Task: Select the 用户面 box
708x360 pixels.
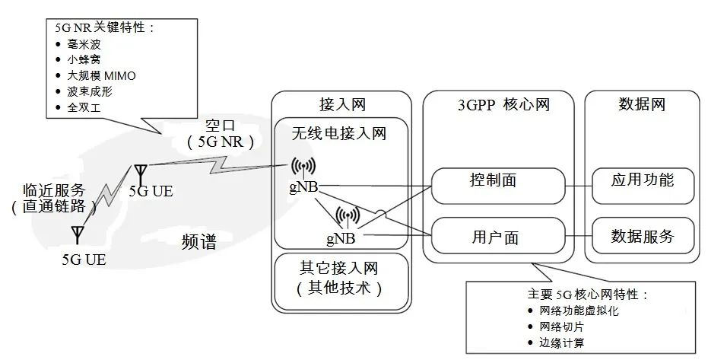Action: [499, 237]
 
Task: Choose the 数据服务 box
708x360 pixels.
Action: [643, 237]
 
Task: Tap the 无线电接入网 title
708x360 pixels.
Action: [339, 134]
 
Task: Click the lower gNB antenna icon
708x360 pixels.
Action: [347, 216]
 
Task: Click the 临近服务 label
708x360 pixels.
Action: [55, 190]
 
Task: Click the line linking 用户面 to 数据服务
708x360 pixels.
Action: [579, 237]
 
